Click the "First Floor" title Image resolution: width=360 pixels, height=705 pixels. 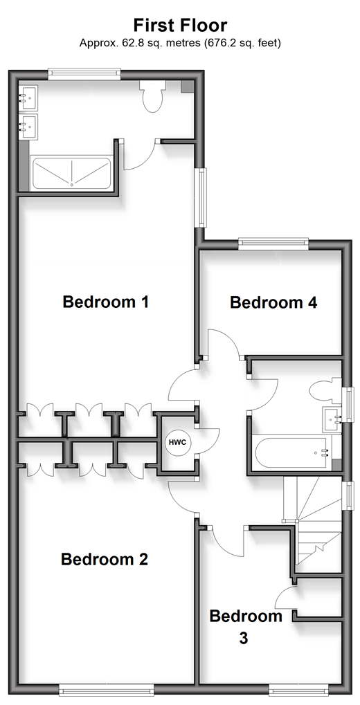coord(180,25)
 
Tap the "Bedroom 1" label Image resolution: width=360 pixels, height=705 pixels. coord(106,302)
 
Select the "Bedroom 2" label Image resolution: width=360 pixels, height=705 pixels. coord(105,560)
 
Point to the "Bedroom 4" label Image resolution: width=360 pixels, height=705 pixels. coord(273,302)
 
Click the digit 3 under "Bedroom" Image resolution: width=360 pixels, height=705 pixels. coord(244,639)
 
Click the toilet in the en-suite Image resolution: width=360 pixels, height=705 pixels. coord(153,95)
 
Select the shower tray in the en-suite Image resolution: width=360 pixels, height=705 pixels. coord(71,173)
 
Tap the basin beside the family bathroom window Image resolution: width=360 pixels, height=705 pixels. coord(332,421)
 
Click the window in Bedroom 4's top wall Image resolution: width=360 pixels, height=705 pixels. coord(273,244)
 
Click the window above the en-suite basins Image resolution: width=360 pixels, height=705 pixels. coord(84,74)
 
